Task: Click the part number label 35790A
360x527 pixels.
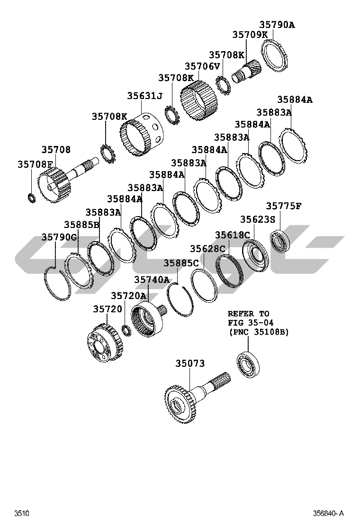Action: click(277, 25)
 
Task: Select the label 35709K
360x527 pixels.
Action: click(250, 35)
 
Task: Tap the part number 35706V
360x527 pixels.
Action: click(202, 66)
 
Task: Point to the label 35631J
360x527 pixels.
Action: click(144, 96)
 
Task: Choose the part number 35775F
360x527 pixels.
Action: click(284, 206)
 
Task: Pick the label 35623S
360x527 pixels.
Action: click(258, 219)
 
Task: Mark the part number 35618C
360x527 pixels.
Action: click(233, 235)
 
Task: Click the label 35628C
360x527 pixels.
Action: click(207, 249)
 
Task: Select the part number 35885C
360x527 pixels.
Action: click(181, 263)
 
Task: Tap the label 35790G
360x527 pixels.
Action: click(59, 237)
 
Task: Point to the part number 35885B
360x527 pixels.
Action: click(82, 224)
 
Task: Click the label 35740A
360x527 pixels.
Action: click(152, 280)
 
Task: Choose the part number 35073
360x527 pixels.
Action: click(190, 363)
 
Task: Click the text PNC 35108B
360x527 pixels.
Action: click(258, 332)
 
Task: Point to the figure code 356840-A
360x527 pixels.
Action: click(328, 513)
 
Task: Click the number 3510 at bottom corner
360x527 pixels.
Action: click(21, 513)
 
